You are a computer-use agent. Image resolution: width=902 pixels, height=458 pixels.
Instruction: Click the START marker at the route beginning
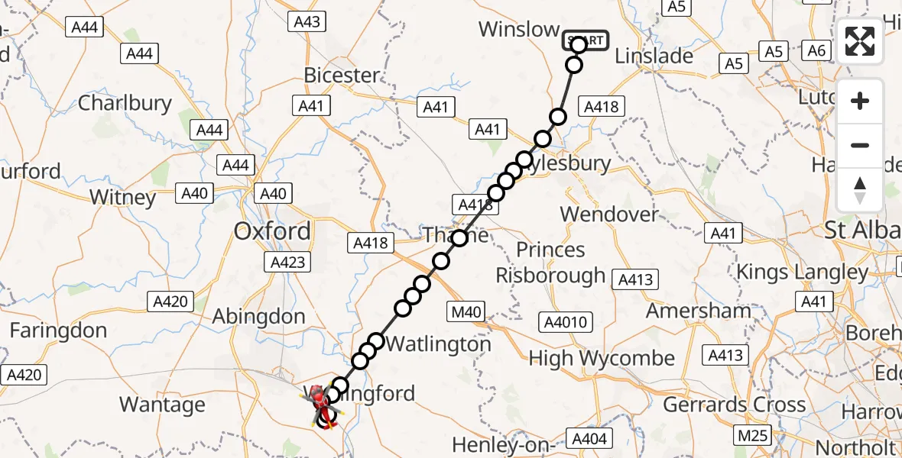pyautogui.click(x=586, y=40)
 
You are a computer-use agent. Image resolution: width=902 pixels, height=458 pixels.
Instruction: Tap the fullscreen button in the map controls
pyautogui.click(x=860, y=41)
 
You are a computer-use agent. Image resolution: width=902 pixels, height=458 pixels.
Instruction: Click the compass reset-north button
pyautogui.click(x=860, y=190)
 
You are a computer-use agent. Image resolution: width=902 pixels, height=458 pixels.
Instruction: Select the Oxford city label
pyautogui.click(x=272, y=231)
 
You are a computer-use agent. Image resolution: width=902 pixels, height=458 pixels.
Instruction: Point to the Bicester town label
pyautogui.click(x=342, y=76)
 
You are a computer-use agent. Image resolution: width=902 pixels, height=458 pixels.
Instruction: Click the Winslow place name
pyautogui.click(x=519, y=30)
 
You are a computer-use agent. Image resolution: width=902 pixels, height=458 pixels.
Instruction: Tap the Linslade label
pyautogui.click(x=654, y=56)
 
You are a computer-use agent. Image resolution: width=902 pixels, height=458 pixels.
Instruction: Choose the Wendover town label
pyautogui.click(x=609, y=214)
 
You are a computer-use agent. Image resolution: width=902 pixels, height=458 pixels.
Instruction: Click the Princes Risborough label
pyautogui.click(x=550, y=262)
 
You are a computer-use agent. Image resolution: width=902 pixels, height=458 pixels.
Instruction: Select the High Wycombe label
pyautogui.click(x=602, y=358)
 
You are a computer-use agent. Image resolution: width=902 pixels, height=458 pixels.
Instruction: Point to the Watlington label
pyautogui.click(x=438, y=344)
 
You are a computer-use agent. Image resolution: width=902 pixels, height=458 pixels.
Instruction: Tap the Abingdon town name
pyautogui.click(x=258, y=316)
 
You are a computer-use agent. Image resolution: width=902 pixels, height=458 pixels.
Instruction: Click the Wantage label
pyautogui.click(x=162, y=405)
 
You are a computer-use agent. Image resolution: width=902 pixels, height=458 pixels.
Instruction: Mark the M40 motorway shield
pyautogui.click(x=466, y=311)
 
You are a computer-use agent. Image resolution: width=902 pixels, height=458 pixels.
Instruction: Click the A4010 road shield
pyautogui.click(x=563, y=322)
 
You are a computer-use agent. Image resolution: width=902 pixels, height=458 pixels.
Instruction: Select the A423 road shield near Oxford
pyautogui.click(x=288, y=263)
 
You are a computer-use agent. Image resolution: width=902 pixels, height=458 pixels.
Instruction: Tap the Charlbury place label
pyautogui.click(x=125, y=103)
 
